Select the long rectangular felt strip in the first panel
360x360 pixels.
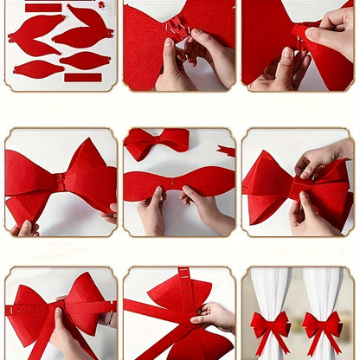pyautogui.click(x=83, y=77)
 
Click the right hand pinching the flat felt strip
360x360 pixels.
pyautogui.click(x=205, y=209)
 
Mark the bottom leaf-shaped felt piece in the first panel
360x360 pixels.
pyautogui.click(x=38, y=69)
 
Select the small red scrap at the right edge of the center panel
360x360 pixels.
pyautogui.click(x=227, y=151)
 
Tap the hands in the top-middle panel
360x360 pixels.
pyautogui.click(x=186, y=65)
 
